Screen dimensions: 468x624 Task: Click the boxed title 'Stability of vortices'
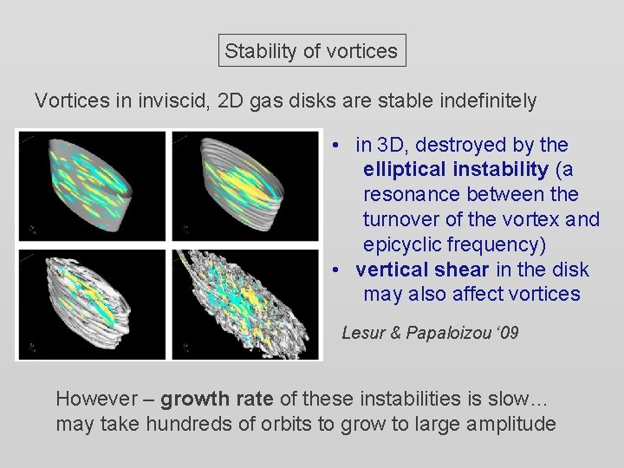pyautogui.click(x=311, y=51)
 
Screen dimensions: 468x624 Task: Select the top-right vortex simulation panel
pyautogui.click(x=245, y=185)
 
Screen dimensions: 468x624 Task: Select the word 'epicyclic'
pyautogui.click(x=400, y=244)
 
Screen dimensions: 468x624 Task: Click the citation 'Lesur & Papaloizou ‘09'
pyautogui.click(x=430, y=333)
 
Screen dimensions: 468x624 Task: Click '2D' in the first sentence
pyautogui.click(x=232, y=101)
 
